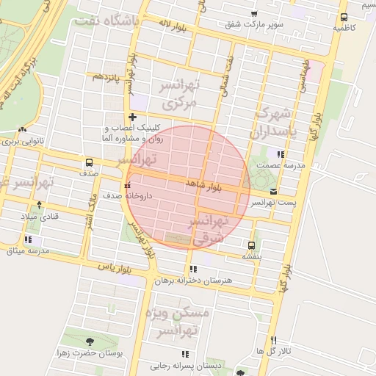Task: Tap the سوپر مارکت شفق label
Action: tap(253, 24)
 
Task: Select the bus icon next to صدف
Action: tap(89, 162)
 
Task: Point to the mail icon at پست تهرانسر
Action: tap(274, 191)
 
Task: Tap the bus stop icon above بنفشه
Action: tap(252, 245)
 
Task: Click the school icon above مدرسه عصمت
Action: tap(279, 154)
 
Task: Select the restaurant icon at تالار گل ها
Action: tap(274, 340)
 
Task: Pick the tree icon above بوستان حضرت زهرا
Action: tap(90, 341)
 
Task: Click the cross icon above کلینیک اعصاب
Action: tap(132, 117)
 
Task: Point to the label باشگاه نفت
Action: tap(106, 20)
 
